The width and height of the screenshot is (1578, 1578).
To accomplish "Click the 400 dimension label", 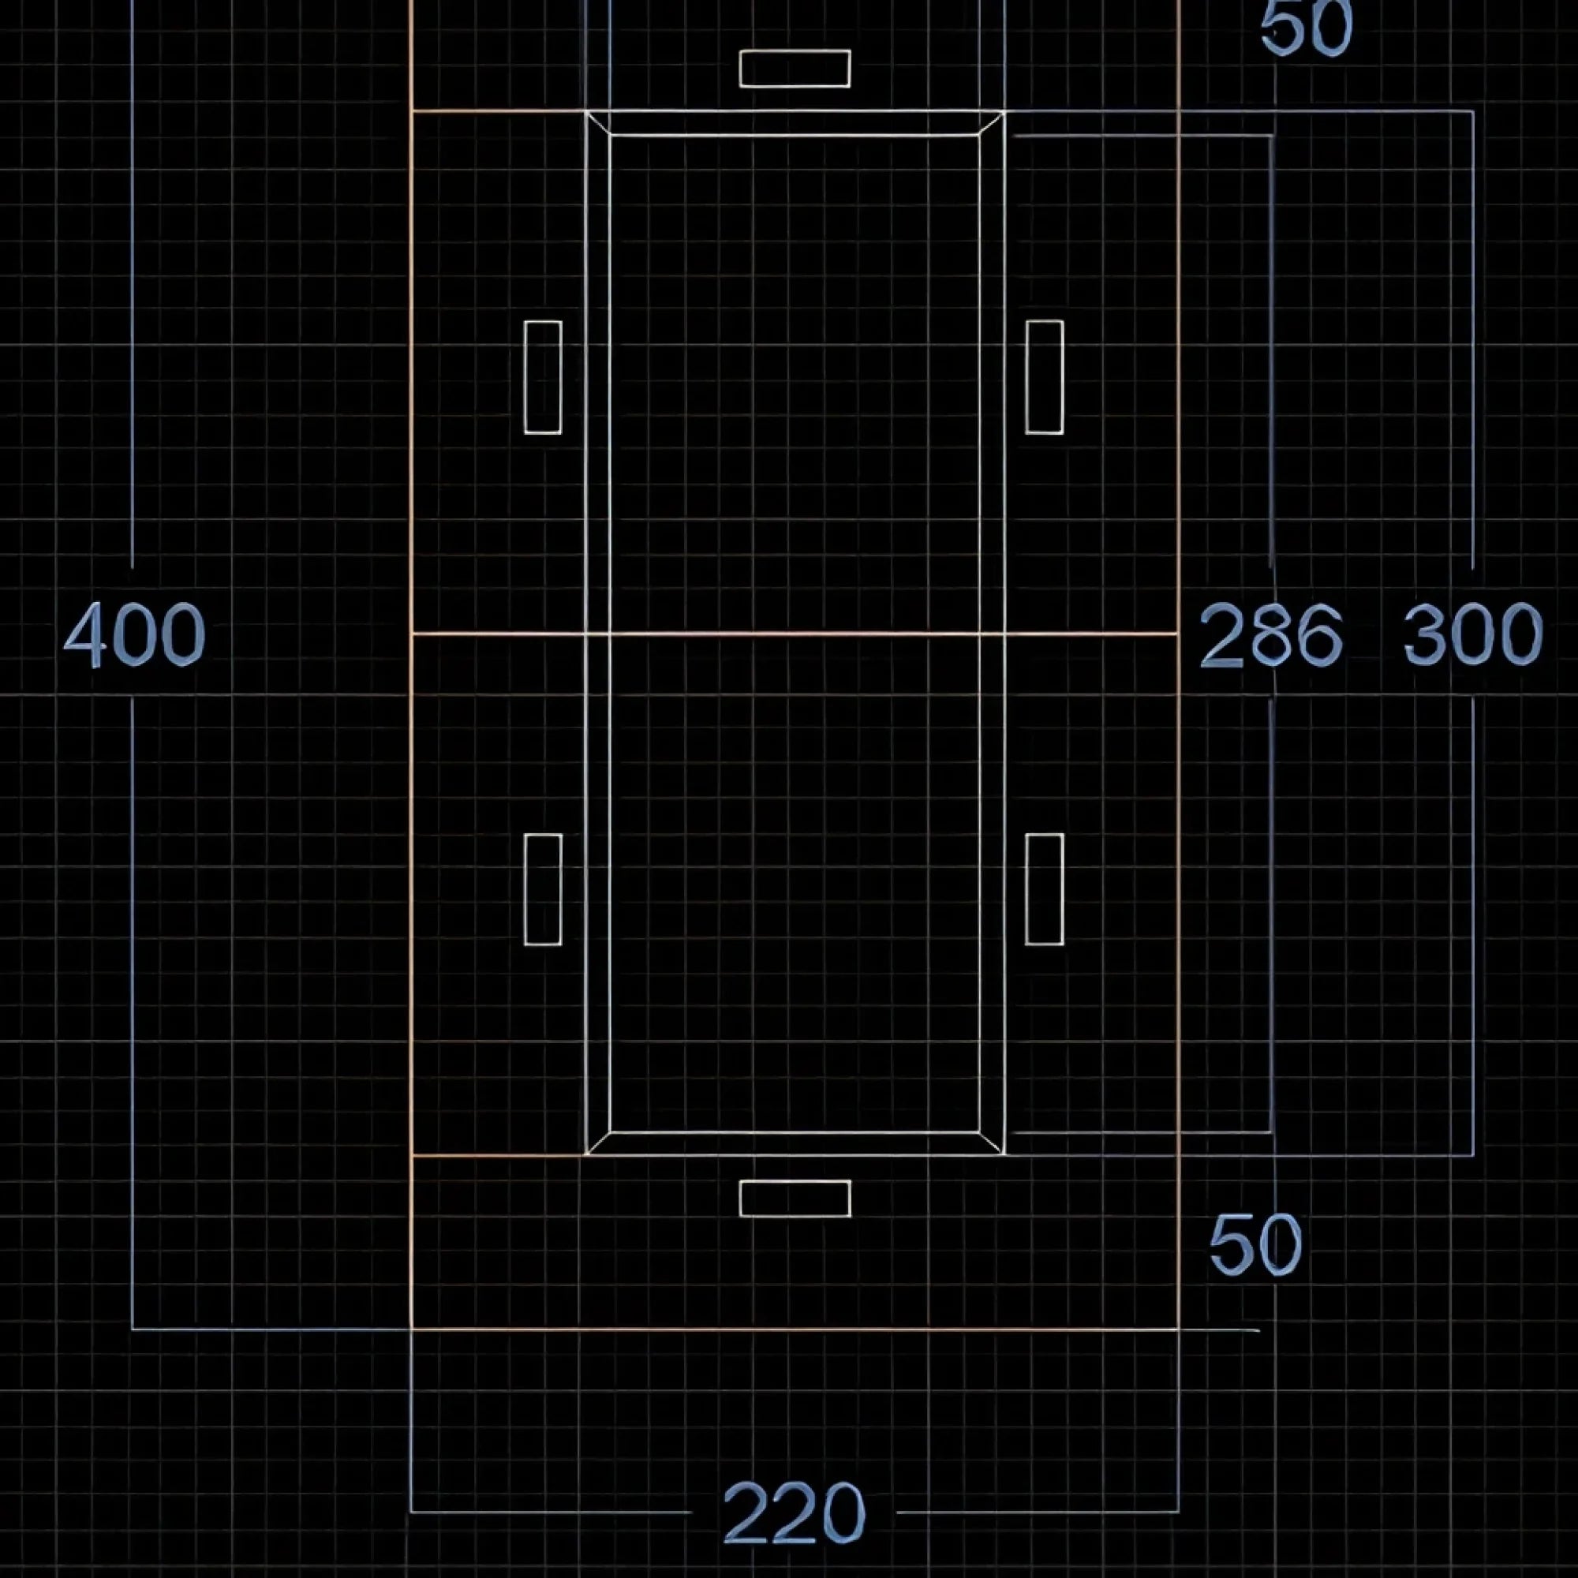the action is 135,634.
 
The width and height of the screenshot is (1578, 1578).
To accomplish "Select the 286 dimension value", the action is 1271,634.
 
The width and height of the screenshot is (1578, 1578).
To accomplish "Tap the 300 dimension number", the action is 1473,634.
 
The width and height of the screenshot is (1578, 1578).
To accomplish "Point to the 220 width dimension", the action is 794,1512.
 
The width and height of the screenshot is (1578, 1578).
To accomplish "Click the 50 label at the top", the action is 1306,28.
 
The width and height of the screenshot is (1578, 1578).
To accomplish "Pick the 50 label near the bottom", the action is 1255,1246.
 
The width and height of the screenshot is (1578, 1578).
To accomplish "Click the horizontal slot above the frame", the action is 795,69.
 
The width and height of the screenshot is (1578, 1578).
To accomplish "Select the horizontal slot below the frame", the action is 795,1198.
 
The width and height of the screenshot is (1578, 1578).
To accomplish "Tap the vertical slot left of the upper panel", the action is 543,377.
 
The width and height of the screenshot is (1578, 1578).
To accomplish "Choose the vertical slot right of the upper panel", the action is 1045,377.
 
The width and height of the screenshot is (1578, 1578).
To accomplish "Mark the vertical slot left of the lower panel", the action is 543,889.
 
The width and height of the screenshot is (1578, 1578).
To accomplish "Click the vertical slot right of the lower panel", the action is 1045,889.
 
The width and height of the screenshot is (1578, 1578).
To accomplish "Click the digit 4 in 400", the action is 85,634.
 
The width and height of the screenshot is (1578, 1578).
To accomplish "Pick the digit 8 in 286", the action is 1271,634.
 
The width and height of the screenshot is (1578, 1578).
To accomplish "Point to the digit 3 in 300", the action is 1425,634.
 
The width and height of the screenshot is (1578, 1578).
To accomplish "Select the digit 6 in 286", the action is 1320,634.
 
